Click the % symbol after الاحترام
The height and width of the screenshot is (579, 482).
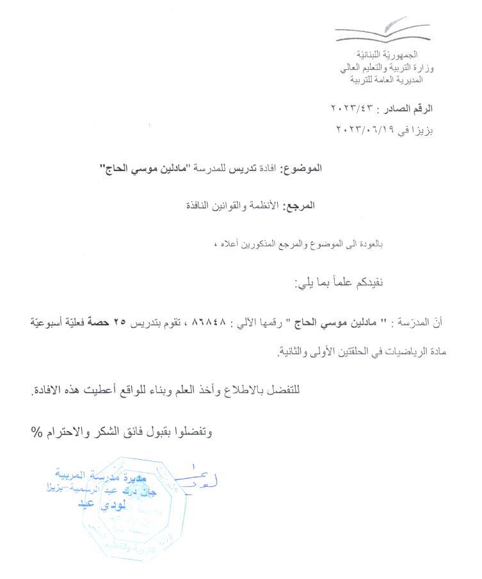(36, 430)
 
